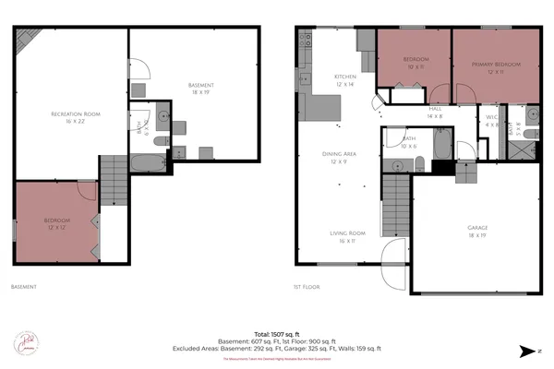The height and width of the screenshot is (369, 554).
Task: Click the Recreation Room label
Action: (x=75, y=117)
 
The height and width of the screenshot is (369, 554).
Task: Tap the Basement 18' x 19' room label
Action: (x=200, y=89)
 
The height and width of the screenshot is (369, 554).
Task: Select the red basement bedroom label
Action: (x=56, y=224)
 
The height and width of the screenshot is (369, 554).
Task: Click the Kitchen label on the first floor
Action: (x=345, y=80)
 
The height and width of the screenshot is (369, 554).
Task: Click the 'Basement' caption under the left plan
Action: (x=24, y=286)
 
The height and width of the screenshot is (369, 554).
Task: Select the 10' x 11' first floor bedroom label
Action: (x=414, y=65)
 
